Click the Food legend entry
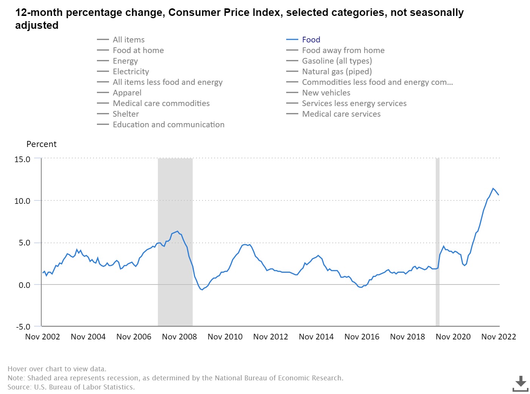pos(311,40)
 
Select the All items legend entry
pos(128,40)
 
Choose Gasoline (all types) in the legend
pos(337,61)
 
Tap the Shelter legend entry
pos(126,114)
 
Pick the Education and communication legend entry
pos(168,125)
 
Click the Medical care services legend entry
pos(341,114)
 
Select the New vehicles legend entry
pos(326,93)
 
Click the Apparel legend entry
pos(127,93)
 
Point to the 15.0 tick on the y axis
pos(22,159)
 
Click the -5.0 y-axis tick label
pos(23,327)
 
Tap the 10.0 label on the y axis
pos(22,201)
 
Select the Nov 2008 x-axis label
pos(179,337)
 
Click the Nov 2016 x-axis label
pos(362,337)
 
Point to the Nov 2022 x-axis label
pos(498,337)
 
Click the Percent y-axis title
pos(41,144)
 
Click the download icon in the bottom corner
pos(521,383)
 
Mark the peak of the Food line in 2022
pos(493,188)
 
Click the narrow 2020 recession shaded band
pos(437,242)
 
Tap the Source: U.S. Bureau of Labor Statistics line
pos(71,387)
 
